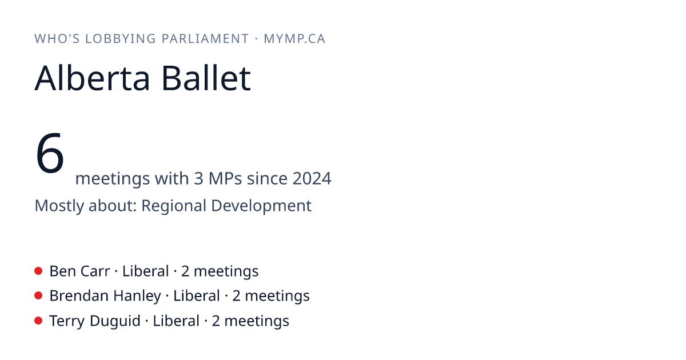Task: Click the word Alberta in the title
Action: tap(92, 78)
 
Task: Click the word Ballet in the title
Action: tap(206, 78)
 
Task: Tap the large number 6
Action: tap(50, 153)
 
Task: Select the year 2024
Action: tap(312, 178)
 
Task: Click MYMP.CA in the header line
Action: tap(294, 39)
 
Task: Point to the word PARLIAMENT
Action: tap(205, 39)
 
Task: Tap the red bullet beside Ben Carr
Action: tap(38, 271)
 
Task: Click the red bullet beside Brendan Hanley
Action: tap(38, 296)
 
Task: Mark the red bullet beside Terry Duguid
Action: tap(38, 321)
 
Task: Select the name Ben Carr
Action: tap(79, 271)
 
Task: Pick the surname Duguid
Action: tap(115, 321)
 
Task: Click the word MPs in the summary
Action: tap(225, 178)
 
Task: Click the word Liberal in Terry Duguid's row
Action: tap(176, 321)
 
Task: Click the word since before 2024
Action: tap(268, 178)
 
